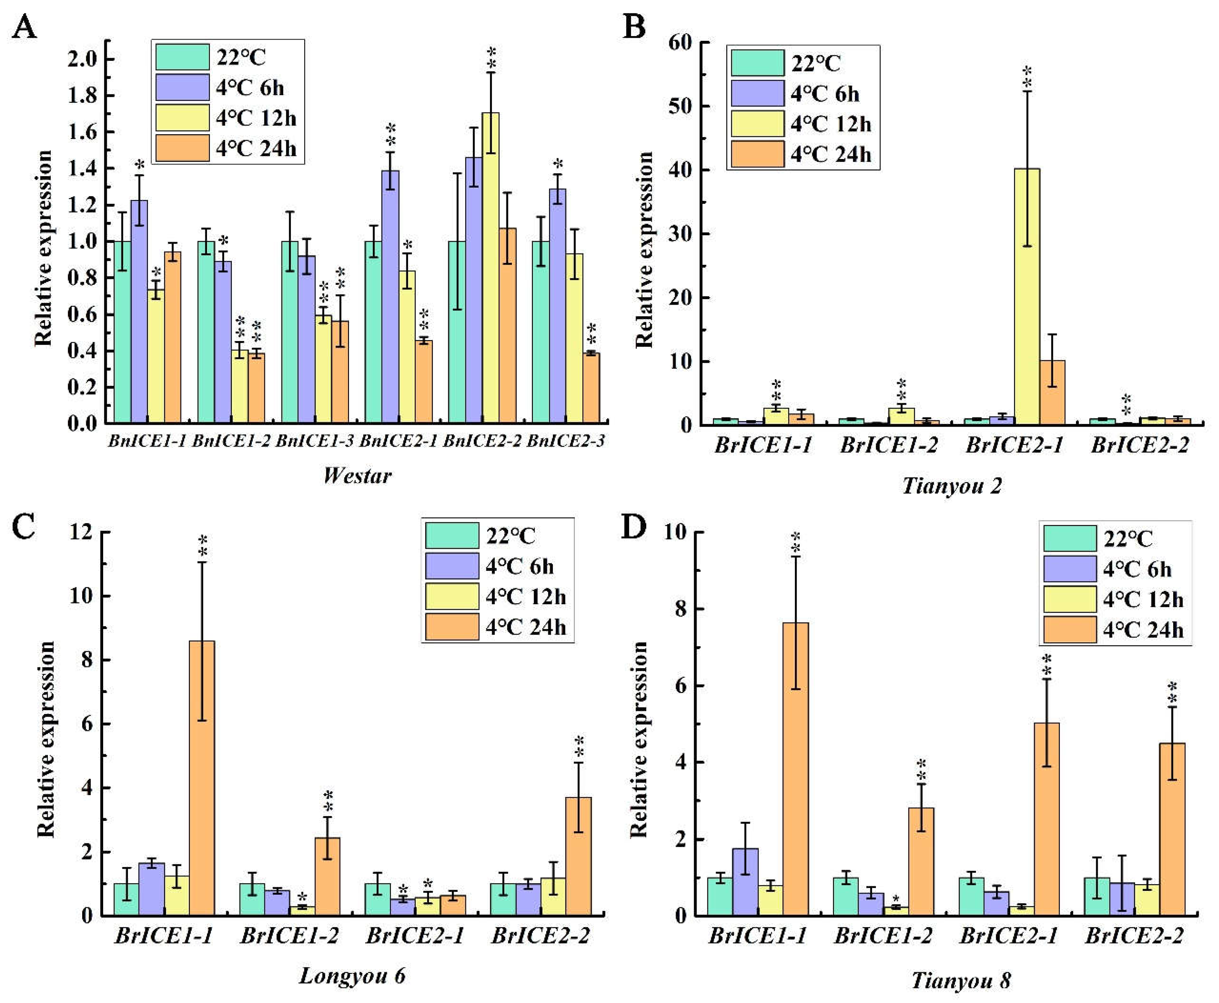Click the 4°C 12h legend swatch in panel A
point(182,118)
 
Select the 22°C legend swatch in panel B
point(757,63)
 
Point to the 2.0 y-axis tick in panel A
point(83,59)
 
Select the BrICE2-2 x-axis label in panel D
point(1134,936)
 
